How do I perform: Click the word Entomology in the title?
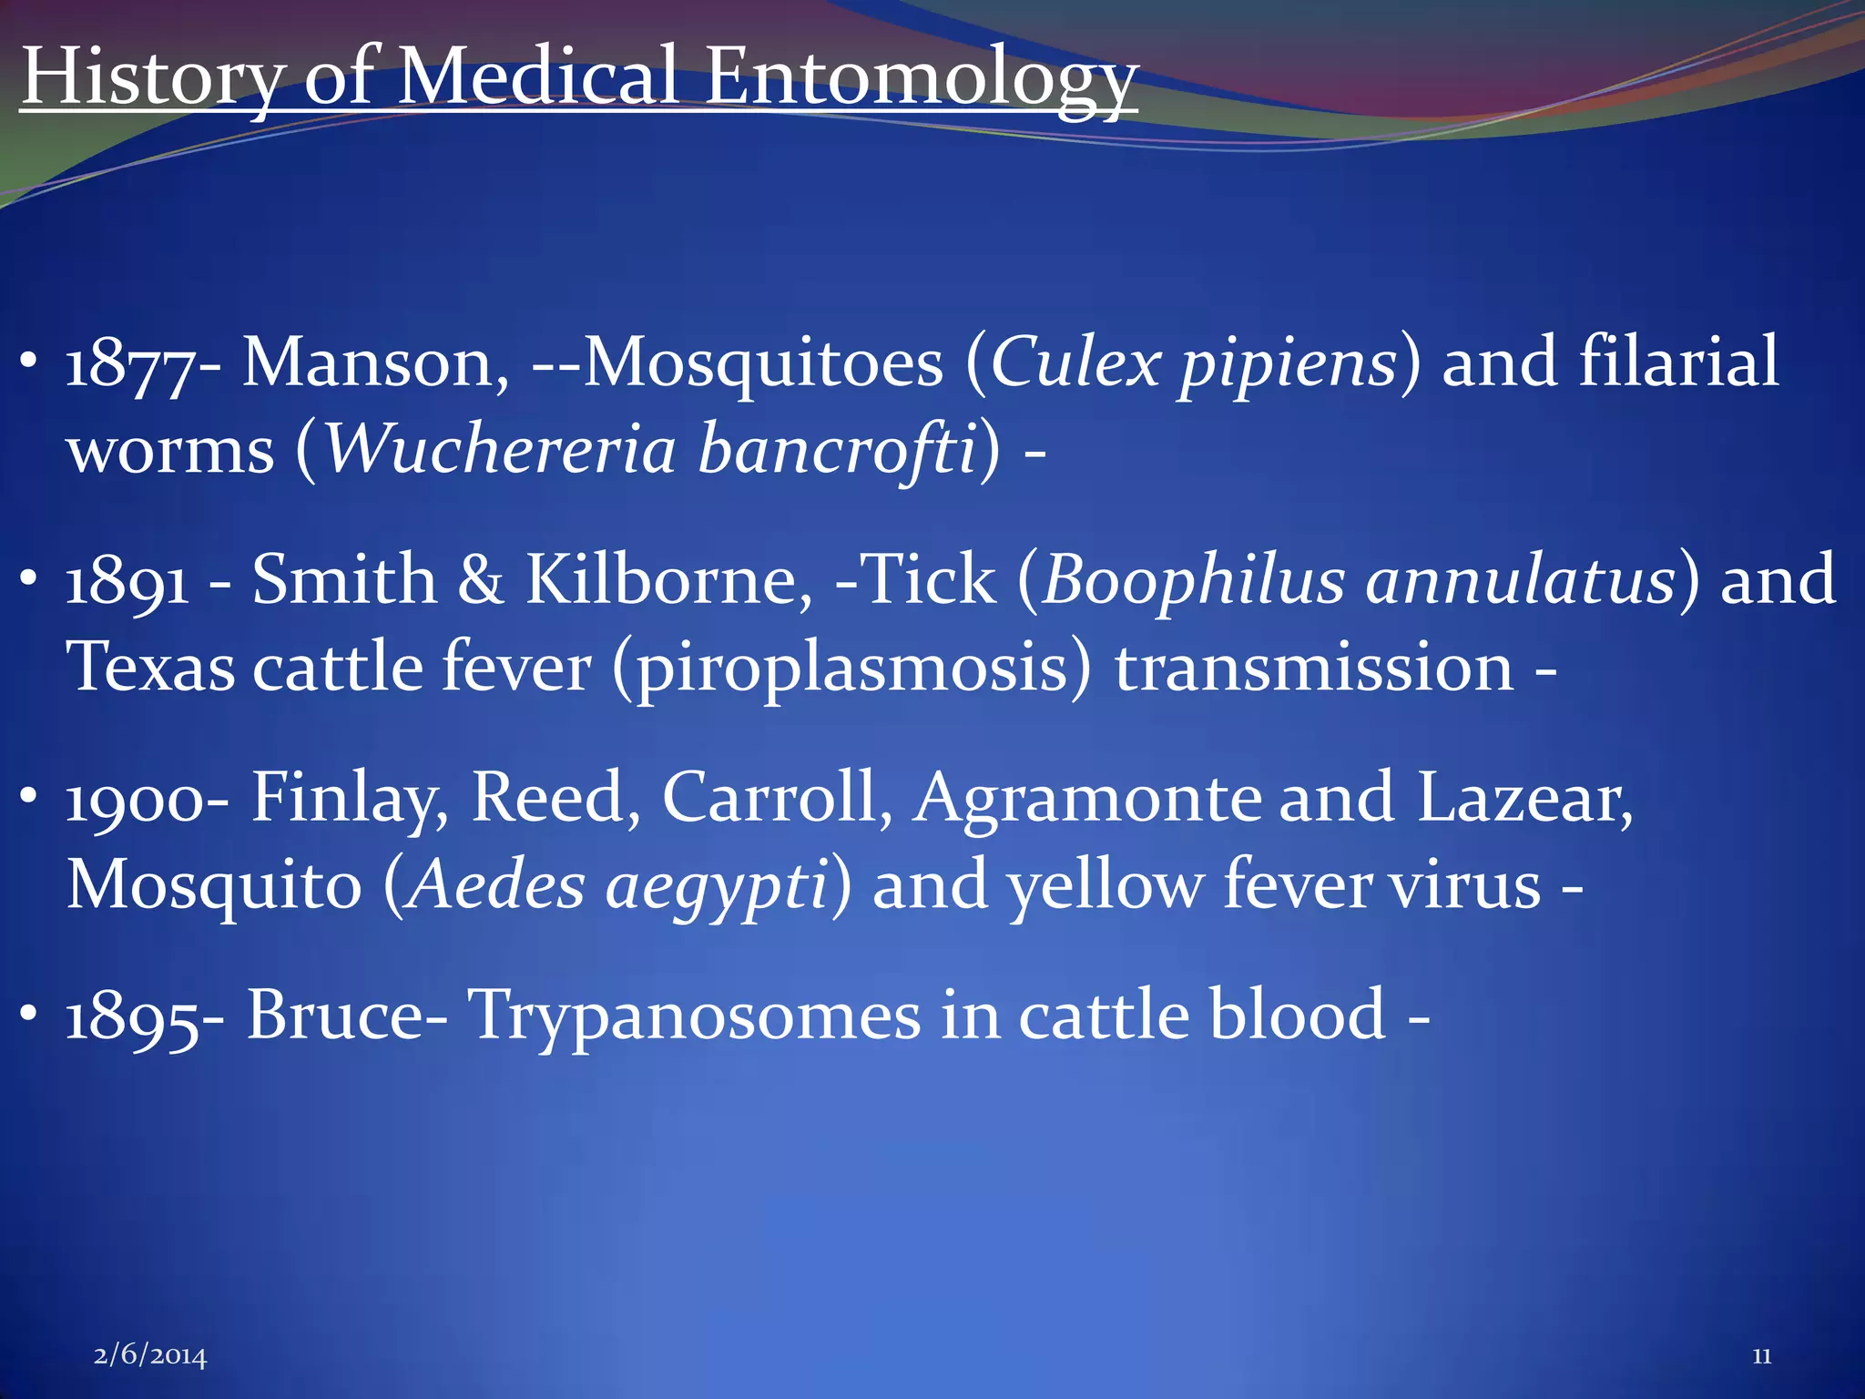click(x=920, y=77)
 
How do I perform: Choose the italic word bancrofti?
click(x=837, y=450)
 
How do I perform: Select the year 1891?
click(x=127, y=581)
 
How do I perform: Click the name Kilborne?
click(x=668, y=581)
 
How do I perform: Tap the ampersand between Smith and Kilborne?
click(x=481, y=581)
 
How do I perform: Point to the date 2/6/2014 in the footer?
click(x=150, y=1356)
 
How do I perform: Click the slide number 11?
click(x=1762, y=1356)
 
